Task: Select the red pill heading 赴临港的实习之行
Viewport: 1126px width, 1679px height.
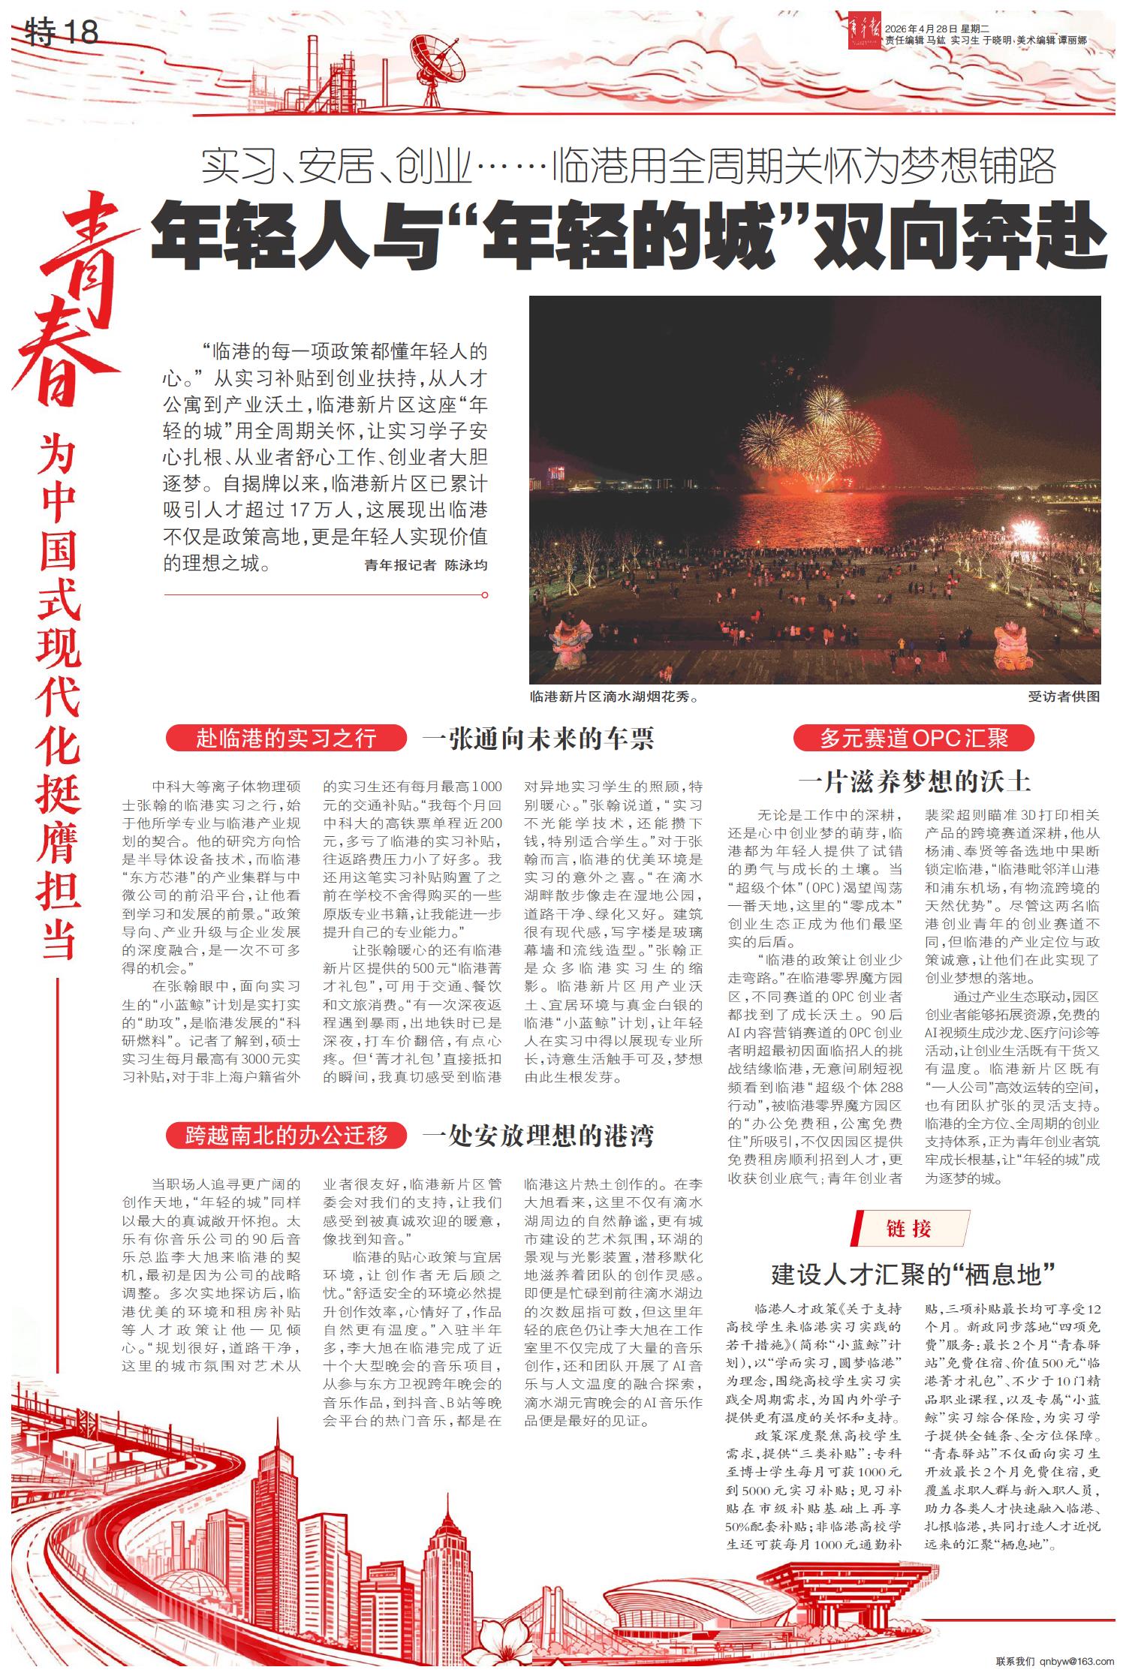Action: [286, 739]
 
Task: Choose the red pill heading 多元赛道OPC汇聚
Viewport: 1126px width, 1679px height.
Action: [914, 739]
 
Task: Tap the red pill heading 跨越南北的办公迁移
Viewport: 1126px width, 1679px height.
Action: [286, 1135]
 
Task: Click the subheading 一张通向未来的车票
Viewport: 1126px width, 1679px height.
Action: [537, 739]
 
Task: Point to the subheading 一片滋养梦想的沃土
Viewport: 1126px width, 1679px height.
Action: [914, 782]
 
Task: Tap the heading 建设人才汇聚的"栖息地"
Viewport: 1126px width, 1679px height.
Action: [914, 1274]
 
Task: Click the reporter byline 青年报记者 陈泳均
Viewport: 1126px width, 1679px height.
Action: [426, 565]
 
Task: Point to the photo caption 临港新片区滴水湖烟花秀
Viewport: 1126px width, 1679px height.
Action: [614, 697]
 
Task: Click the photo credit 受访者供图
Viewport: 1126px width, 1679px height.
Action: [1064, 697]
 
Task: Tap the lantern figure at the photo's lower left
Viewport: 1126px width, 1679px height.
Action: [571, 644]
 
